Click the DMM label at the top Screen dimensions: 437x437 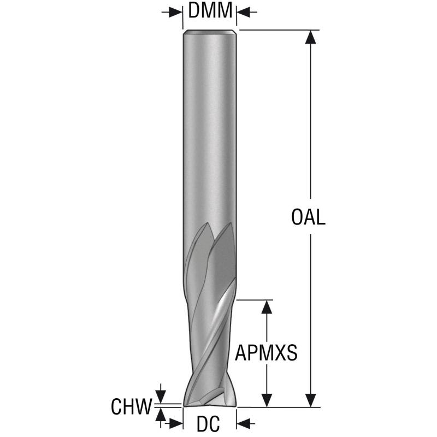210,10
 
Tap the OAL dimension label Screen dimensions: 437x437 308,217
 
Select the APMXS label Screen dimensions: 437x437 266,352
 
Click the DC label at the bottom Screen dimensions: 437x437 208,424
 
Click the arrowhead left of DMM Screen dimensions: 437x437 176,12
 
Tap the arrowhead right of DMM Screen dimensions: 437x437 243,12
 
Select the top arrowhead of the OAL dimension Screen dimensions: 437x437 311,37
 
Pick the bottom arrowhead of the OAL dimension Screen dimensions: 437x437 311,400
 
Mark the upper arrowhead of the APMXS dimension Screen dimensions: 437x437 267,307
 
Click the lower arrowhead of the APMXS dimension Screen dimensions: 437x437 267,400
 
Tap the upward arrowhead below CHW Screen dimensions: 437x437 160,414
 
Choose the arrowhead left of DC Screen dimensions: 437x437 176,424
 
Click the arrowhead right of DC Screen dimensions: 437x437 243,424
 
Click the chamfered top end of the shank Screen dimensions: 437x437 210,32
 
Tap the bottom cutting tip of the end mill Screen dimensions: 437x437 210,402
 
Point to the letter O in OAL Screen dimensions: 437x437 297,217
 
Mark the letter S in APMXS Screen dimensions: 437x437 292,352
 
